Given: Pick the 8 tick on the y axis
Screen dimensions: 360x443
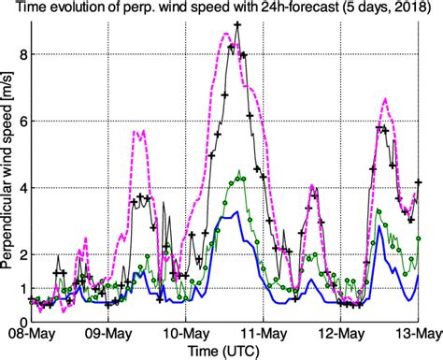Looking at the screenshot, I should click(x=20, y=54).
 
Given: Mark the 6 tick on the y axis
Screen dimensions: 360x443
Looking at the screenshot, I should click(x=20, y=122).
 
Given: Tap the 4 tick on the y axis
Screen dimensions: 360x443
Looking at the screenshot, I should click(x=20, y=188).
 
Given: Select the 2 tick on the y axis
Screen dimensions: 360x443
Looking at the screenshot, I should click(x=20, y=254).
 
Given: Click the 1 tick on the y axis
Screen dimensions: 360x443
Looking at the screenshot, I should click(x=20, y=288).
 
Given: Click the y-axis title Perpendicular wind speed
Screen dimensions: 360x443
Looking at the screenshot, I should click(x=7, y=178).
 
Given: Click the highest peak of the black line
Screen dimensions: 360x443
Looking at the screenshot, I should click(x=237, y=25).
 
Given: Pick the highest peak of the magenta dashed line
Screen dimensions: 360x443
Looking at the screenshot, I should click(x=227, y=34).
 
